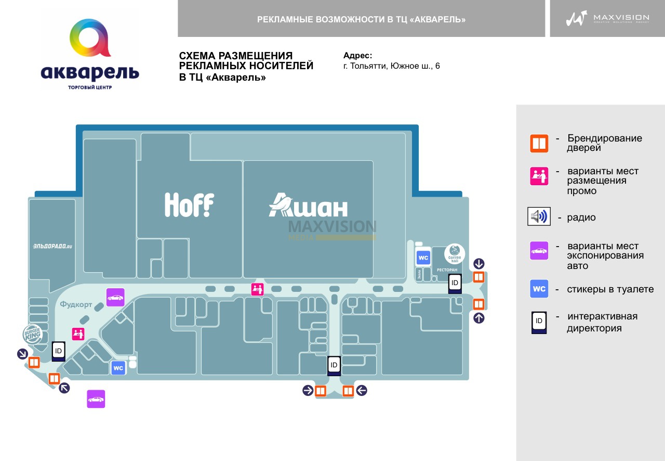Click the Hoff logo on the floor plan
pos(189,204)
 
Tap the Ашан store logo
pos(308,206)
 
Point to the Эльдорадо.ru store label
pos(52,246)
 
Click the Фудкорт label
pos(76,304)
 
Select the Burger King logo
pos(32,334)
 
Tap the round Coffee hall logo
pos(455,253)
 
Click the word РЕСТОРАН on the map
pos(447,271)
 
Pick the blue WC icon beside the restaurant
pos(423,258)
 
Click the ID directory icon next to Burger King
pos(58,352)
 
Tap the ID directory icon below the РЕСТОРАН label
pos(455,284)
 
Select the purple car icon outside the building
pos(96,399)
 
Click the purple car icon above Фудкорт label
pos(115,298)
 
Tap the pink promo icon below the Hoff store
pos(257,289)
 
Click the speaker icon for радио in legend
pos(539,216)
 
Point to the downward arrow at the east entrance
pos(478,264)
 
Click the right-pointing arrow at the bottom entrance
pos(308,390)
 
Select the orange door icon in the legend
pos(539,143)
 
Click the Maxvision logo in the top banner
pos(607,19)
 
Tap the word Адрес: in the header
pos(357,56)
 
